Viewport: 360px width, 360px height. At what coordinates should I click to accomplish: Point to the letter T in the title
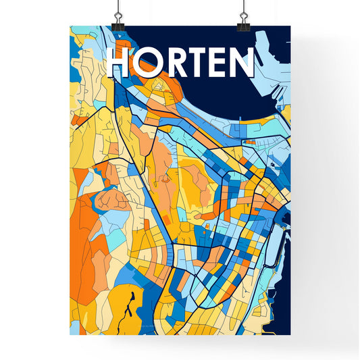197,62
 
